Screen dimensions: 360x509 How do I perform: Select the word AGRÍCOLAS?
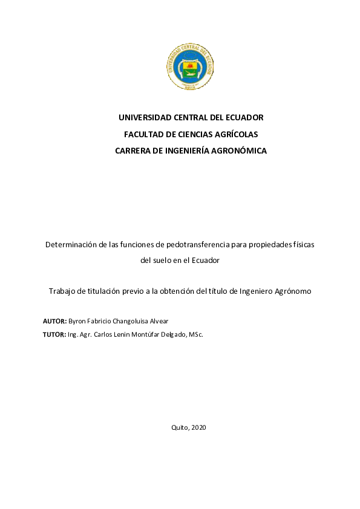[235, 134]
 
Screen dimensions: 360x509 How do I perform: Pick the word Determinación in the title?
[71, 245]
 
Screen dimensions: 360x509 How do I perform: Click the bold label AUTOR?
[55, 321]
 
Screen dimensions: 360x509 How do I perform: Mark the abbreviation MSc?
[195, 334]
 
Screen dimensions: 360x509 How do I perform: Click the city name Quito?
[180, 427]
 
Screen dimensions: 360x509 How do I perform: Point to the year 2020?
[199, 427]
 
